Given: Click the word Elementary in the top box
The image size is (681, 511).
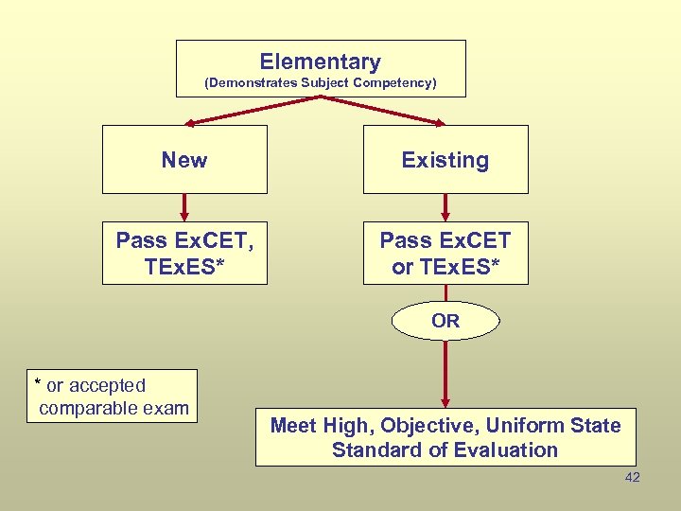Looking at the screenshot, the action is point(321,62).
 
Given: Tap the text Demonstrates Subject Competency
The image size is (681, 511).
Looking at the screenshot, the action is point(321,83).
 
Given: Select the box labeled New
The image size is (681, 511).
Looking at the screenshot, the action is point(184,160).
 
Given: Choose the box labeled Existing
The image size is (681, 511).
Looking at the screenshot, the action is point(445,160).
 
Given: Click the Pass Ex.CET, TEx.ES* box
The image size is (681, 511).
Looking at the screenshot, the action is point(184,254).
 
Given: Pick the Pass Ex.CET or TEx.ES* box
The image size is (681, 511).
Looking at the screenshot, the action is point(445,254).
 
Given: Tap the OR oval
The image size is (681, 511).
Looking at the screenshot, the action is point(445,321).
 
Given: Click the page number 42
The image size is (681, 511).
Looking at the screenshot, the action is point(633,477).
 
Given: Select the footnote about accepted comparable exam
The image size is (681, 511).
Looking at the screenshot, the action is point(113,396).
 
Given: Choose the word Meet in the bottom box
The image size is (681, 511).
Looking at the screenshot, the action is point(293,426).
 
